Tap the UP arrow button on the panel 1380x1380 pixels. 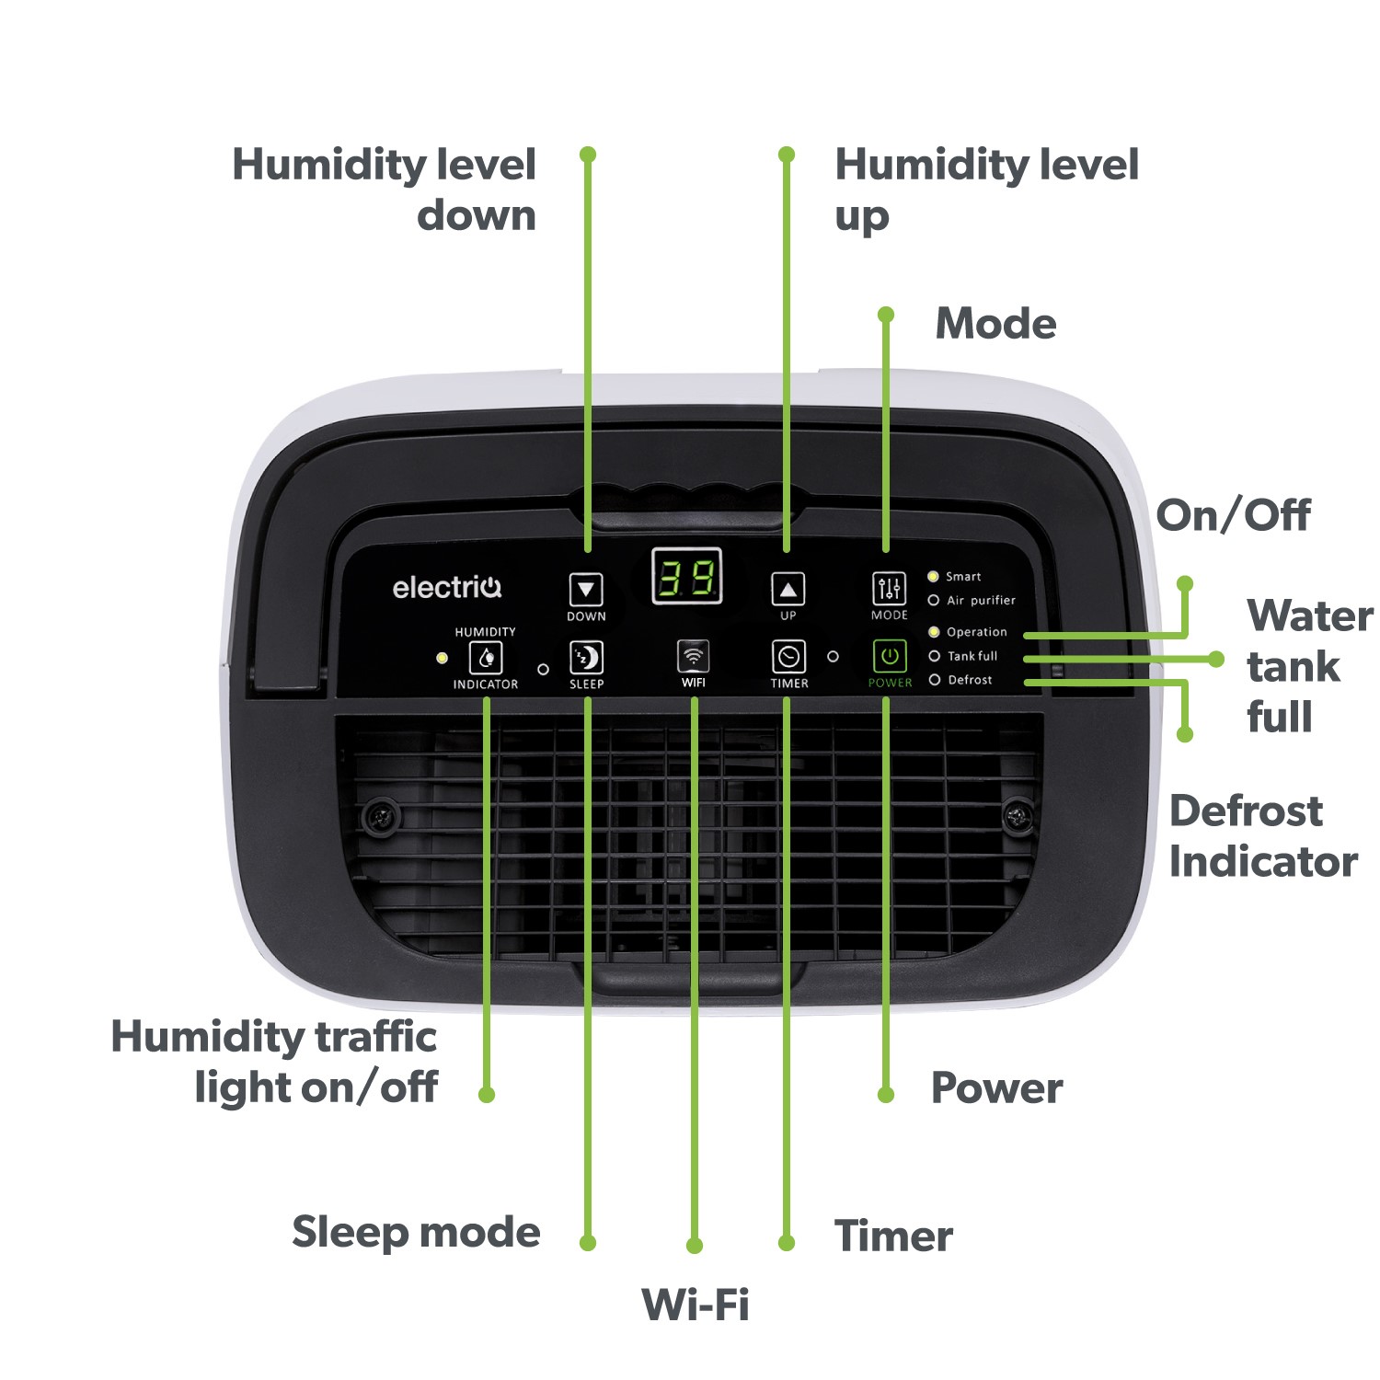click(x=788, y=590)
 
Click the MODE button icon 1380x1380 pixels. click(x=889, y=589)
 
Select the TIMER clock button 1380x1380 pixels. click(x=788, y=657)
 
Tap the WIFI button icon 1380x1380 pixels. click(x=693, y=657)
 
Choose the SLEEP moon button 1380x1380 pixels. click(x=586, y=658)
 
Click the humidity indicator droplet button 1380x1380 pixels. click(x=486, y=658)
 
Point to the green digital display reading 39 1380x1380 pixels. click(x=686, y=577)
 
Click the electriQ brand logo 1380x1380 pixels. click(x=447, y=587)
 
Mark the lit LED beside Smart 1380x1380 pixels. click(x=933, y=577)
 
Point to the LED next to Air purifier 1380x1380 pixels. click(x=934, y=601)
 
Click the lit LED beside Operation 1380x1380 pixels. click(x=934, y=632)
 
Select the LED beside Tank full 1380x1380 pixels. click(x=935, y=656)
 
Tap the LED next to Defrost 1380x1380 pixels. click(x=935, y=680)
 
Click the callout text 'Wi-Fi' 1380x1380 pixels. click(x=696, y=1304)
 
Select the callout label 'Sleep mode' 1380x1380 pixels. click(x=416, y=1232)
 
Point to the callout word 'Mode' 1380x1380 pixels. click(x=996, y=324)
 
